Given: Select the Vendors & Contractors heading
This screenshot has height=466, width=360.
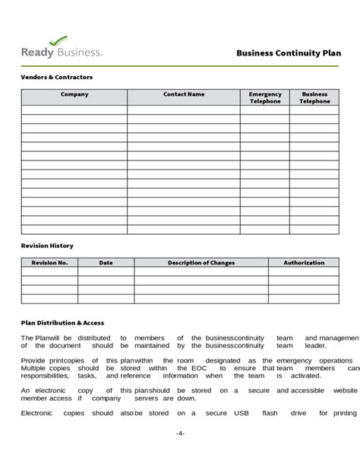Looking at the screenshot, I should (56, 78).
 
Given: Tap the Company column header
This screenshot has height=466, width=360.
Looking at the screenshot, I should (74, 94).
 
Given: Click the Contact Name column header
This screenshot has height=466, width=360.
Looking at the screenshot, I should (184, 94).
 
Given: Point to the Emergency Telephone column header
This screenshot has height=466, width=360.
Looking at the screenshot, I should (264, 97).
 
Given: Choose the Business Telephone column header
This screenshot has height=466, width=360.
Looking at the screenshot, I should (314, 97).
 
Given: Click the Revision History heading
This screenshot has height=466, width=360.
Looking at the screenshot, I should (47, 246).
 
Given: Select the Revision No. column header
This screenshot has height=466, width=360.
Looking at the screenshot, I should (49, 263).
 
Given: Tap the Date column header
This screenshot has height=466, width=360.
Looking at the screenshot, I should (106, 263).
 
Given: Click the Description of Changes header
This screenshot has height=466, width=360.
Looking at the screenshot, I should (201, 263).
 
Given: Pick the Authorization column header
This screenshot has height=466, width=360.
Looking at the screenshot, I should (304, 263).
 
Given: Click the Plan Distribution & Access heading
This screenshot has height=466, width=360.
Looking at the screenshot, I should (62, 322).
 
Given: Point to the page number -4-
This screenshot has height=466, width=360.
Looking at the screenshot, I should (180, 433).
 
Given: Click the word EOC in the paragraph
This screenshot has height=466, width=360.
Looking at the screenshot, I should (198, 368).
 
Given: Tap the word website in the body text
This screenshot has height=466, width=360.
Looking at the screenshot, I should (345, 390).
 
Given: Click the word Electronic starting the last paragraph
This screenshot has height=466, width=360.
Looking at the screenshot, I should (37, 413).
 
